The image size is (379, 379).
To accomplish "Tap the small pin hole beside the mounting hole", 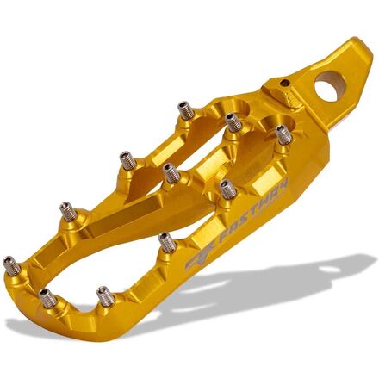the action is pos(284,83).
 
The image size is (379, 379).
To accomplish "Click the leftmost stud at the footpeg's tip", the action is pos(11,264).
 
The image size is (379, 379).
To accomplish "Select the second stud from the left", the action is pos(47,298).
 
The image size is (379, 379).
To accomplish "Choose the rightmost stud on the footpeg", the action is pos(283,135).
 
